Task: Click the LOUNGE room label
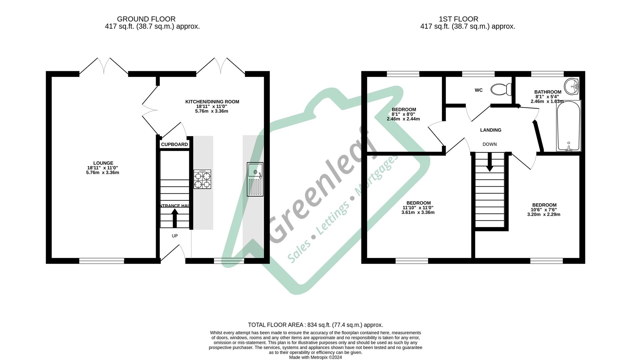103,163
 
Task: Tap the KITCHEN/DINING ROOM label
212,102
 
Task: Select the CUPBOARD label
174,144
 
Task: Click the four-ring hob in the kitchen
202,179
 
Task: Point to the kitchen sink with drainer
255,179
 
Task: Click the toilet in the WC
501,89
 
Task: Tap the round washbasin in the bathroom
572,87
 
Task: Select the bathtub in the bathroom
568,126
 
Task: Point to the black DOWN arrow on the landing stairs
489,163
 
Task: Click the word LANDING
490,130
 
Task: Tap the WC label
478,90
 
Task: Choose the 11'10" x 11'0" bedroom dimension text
418,208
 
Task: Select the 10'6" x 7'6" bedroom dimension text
544,210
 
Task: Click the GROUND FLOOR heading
146,19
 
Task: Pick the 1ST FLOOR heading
458,19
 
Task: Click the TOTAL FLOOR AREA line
315,325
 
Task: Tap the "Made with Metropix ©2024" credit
315,357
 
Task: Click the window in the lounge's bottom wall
102,261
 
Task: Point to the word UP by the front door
175,236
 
